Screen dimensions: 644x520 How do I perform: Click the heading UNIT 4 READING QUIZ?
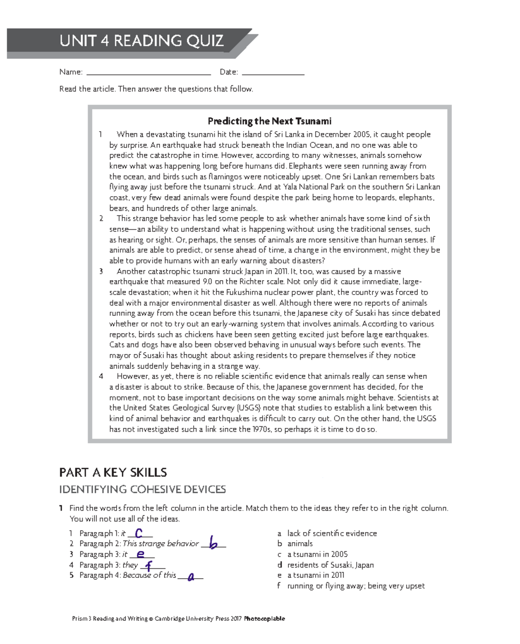coord(141,41)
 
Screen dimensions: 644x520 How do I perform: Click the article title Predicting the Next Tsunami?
coord(269,121)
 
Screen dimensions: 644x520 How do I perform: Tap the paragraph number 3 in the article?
coord(101,272)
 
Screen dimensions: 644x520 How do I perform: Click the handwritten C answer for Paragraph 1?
coord(139,533)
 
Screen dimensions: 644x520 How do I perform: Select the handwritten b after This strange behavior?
coord(213,543)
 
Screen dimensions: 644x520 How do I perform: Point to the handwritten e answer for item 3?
coord(140,554)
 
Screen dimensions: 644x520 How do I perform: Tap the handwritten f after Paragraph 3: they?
coord(149,565)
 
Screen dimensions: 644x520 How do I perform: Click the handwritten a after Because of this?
coord(191,576)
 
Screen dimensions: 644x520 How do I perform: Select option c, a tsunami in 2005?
coord(317,554)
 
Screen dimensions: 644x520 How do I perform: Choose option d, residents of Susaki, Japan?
coord(330,565)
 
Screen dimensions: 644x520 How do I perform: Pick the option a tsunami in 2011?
coord(315,576)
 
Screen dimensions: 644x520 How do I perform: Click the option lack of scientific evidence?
coord(332,534)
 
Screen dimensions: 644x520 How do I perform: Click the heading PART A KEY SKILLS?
coord(113,472)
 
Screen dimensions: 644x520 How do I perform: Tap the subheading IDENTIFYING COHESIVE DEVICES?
coord(143,490)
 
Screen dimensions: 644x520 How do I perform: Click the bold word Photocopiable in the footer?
coord(264,619)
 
